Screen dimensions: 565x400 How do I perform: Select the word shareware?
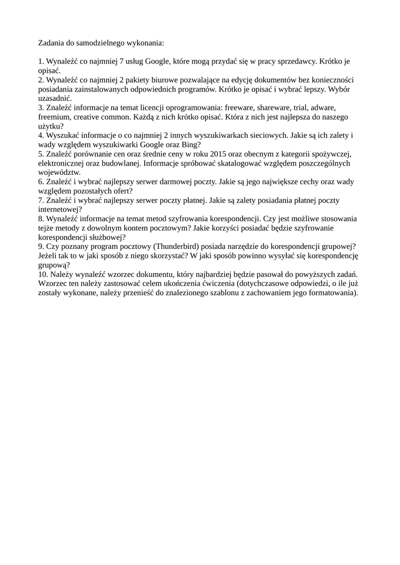pyautogui.click(x=281, y=108)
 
